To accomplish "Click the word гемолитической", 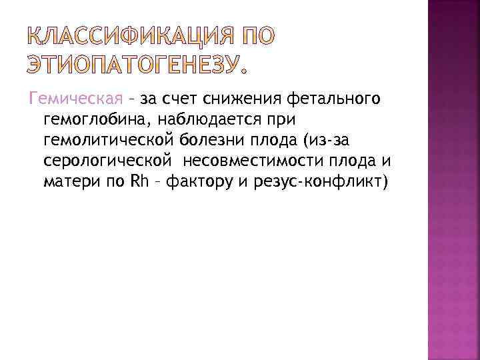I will (108, 141).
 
